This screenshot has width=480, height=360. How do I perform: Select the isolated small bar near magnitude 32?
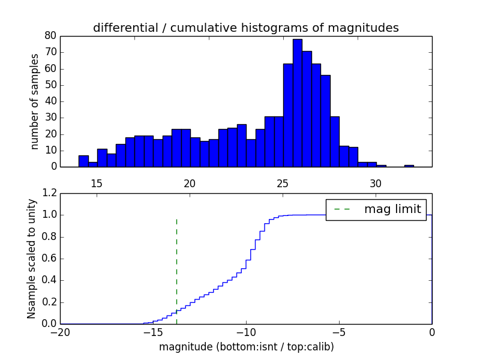click(409, 166)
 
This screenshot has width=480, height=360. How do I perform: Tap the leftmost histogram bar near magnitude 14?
click(83, 161)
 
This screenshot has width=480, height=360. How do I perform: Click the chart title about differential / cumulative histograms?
click(246, 28)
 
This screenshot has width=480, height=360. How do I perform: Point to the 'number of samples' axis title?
click(35, 101)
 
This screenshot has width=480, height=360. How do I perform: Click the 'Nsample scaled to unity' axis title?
click(31, 259)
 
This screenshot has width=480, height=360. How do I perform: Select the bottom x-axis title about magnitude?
click(246, 347)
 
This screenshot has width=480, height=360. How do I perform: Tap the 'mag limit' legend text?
click(392, 209)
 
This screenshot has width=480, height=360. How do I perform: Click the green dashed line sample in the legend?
click(342, 209)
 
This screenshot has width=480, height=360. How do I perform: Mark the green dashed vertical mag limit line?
click(176, 264)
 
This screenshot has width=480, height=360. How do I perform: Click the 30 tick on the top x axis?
click(376, 183)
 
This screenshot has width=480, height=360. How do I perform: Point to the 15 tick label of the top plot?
click(97, 183)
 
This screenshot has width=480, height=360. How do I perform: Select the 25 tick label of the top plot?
click(283, 183)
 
